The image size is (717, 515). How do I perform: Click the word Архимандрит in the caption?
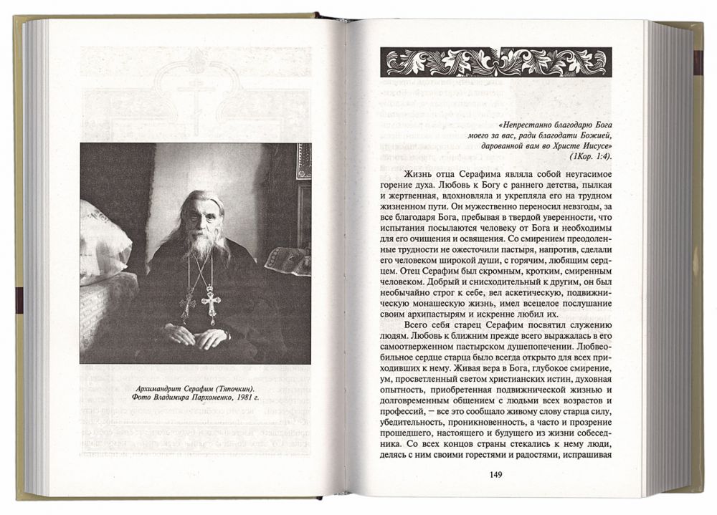point(143,387)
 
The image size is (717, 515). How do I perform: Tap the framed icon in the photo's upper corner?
point(303,161)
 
